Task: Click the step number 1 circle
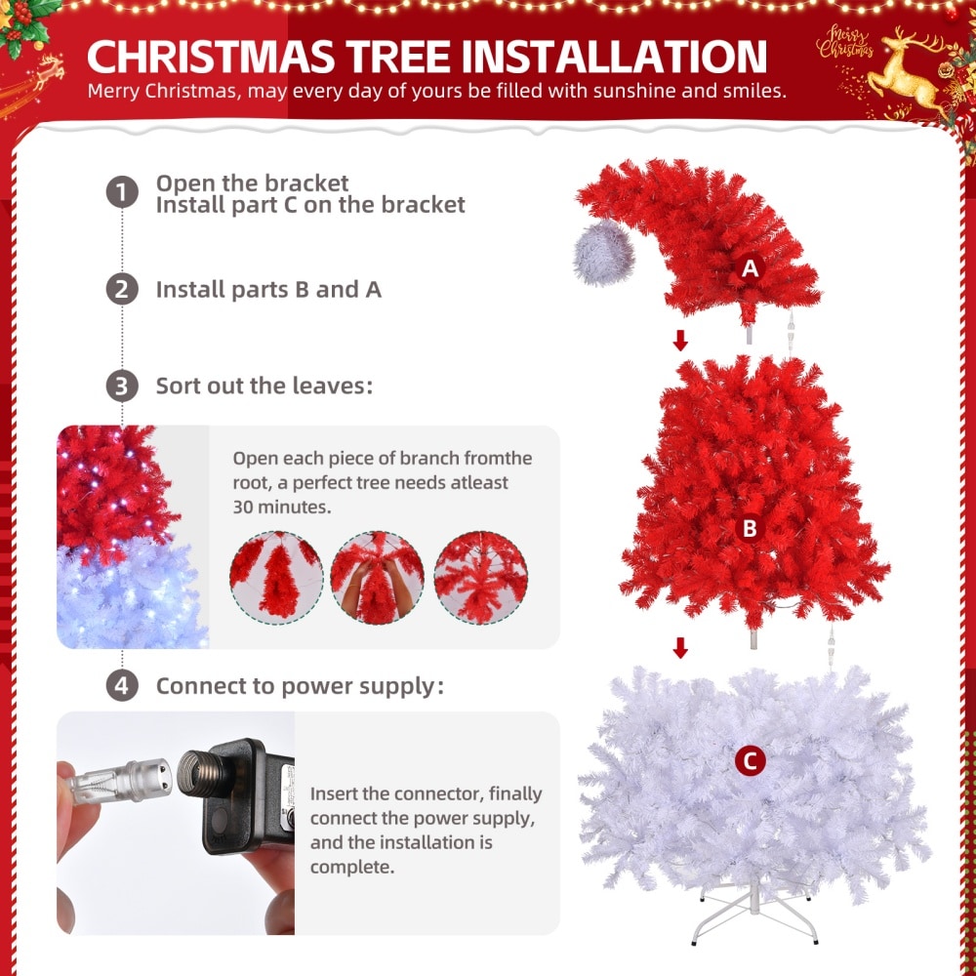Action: click(x=121, y=191)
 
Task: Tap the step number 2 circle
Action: click(x=121, y=289)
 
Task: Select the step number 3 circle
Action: click(x=121, y=386)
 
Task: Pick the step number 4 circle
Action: click(x=121, y=685)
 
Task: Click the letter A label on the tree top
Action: click(x=750, y=267)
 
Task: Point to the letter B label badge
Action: click(x=750, y=528)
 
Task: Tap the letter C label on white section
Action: click(x=750, y=760)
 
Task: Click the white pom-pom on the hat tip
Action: click(x=603, y=252)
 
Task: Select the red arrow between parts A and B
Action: click(x=680, y=340)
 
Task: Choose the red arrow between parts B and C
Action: click(x=680, y=647)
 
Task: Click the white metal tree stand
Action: click(x=753, y=913)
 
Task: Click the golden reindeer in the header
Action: click(x=907, y=68)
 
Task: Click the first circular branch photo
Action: click(x=276, y=579)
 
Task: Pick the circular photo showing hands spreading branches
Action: click(x=377, y=579)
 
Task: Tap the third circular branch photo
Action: click(x=480, y=579)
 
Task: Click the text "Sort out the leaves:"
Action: click(x=264, y=386)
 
